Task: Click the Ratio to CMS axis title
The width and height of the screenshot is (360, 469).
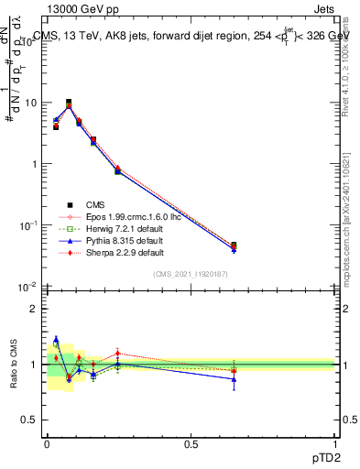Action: [13, 365]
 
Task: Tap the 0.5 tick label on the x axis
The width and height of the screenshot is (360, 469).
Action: [190, 443]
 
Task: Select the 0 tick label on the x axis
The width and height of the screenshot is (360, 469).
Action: [47, 443]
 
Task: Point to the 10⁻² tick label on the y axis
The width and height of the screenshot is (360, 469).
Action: [27, 286]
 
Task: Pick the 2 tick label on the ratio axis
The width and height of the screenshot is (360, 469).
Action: [33, 309]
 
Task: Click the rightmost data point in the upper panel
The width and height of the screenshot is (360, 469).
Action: [234, 246]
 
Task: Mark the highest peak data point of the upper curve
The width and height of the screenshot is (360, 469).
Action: [69, 103]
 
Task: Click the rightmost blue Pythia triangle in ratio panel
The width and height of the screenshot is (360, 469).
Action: [234, 379]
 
